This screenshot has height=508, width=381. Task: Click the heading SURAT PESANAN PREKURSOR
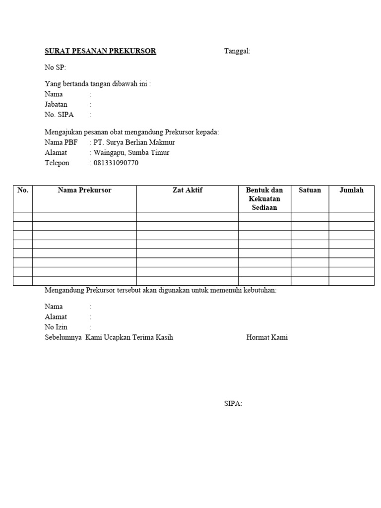pos(100,51)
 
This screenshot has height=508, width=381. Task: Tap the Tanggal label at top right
pos(237,51)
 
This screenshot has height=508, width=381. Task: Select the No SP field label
pos(55,67)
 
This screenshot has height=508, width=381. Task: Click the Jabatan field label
pos(56,105)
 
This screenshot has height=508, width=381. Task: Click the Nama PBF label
pos(61,142)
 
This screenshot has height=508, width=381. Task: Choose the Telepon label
pos(57,163)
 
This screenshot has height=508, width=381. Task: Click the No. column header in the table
pos(23,190)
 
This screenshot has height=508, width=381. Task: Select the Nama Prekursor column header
pos(84,190)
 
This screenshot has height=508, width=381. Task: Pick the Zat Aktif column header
pos(187,190)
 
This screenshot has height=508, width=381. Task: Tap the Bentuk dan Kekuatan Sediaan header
pos(264,198)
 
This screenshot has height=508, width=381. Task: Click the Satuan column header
pos(310,190)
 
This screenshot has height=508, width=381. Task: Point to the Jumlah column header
pos(351,190)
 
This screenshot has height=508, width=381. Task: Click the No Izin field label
pos(56,327)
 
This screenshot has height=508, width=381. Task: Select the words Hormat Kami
pos(267,337)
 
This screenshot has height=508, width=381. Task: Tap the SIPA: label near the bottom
pos(233,404)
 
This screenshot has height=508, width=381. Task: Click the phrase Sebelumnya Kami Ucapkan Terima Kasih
pos(109,337)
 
